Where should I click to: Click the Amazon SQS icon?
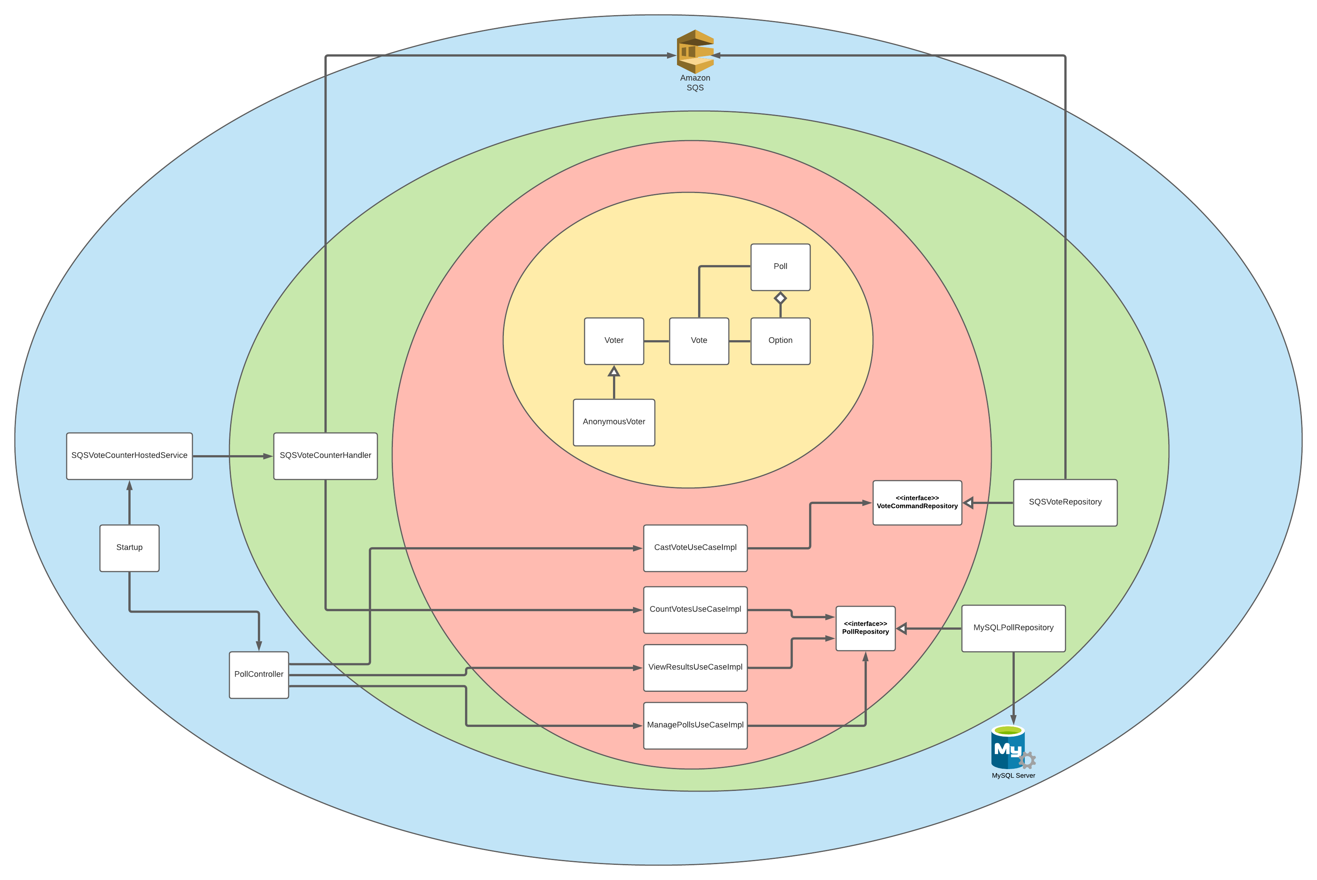(x=695, y=52)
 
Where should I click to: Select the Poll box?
(x=780, y=267)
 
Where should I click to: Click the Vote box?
(x=698, y=341)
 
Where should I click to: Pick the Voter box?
(x=614, y=341)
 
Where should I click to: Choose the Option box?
(x=780, y=341)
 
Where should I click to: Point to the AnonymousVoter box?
(x=614, y=422)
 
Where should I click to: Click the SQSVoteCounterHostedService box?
(x=129, y=456)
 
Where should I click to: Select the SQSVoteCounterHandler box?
(x=325, y=456)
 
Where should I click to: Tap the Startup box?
(x=129, y=548)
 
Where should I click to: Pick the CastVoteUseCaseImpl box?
(x=695, y=548)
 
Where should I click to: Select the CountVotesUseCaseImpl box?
(x=695, y=609)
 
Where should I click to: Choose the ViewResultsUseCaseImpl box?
(x=695, y=667)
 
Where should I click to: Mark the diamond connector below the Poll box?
(x=780, y=298)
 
